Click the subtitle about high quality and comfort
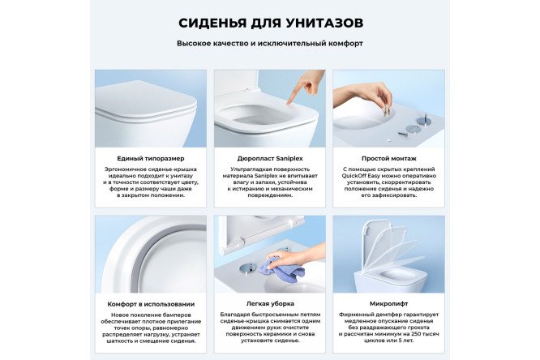tap(270, 43)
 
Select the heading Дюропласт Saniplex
tap(269, 159)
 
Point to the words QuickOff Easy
tap(364, 178)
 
